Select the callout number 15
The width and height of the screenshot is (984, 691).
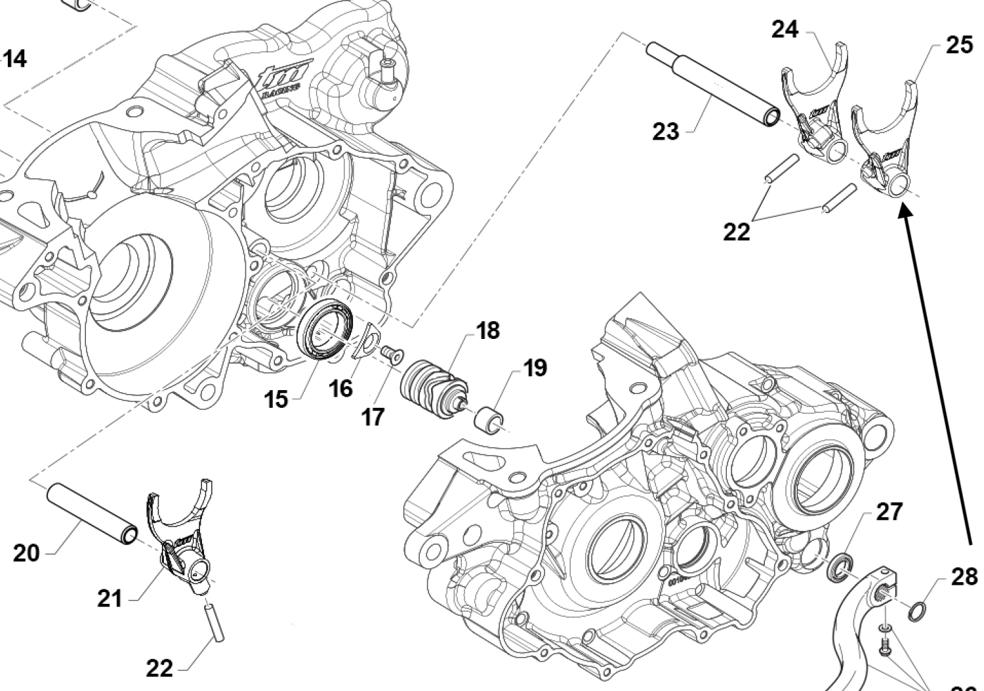point(276,398)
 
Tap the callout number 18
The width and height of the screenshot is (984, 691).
point(488,330)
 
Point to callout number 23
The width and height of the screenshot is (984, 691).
point(665,131)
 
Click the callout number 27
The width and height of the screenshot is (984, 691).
point(889,511)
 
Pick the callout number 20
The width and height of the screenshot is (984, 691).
point(26,553)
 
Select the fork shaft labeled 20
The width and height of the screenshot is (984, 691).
point(92,513)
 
